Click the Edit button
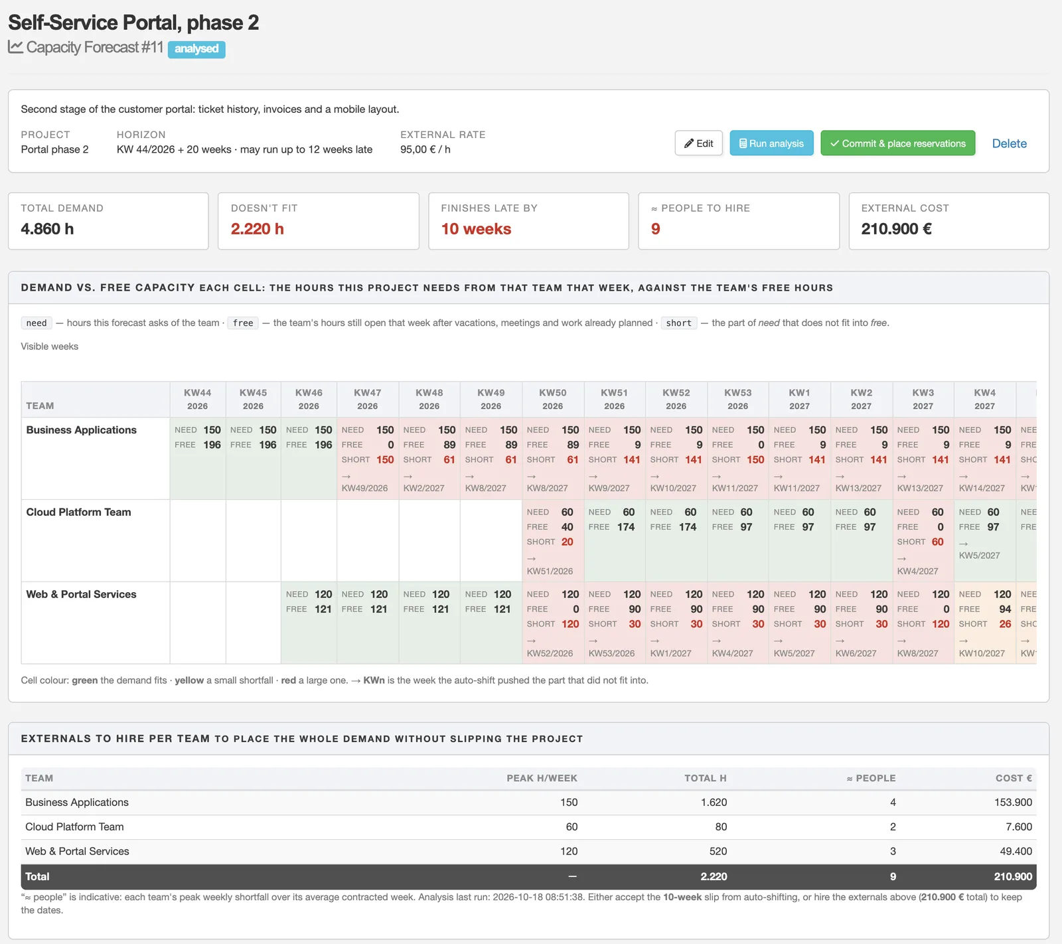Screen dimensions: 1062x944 (x=699, y=143)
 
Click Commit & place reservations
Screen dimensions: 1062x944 (x=898, y=143)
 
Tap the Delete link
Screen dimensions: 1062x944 (x=1009, y=143)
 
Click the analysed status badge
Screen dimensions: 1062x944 (x=196, y=49)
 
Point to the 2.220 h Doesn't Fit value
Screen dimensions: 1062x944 (x=258, y=229)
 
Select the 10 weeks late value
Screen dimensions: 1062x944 (x=476, y=229)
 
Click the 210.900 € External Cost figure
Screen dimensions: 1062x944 (x=896, y=229)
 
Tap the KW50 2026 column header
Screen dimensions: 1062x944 (x=553, y=399)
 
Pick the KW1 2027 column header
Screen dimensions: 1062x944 (x=799, y=399)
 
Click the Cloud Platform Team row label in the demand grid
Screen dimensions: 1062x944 (x=78, y=512)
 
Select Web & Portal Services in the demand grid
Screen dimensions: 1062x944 (x=81, y=594)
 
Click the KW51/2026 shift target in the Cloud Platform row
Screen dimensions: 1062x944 (x=550, y=571)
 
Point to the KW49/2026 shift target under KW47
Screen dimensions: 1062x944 (x=364, y=488)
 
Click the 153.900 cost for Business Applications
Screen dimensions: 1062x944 (x=1013, y=802)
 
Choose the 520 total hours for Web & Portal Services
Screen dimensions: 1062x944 (x=718, y=851)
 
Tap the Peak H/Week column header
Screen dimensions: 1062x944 (x=542, y=778)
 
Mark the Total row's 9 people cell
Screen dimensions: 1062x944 (x=893, y=876)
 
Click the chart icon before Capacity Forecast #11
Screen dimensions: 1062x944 (x=15, y=47)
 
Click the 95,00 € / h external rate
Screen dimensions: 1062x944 (x=425, y=149)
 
